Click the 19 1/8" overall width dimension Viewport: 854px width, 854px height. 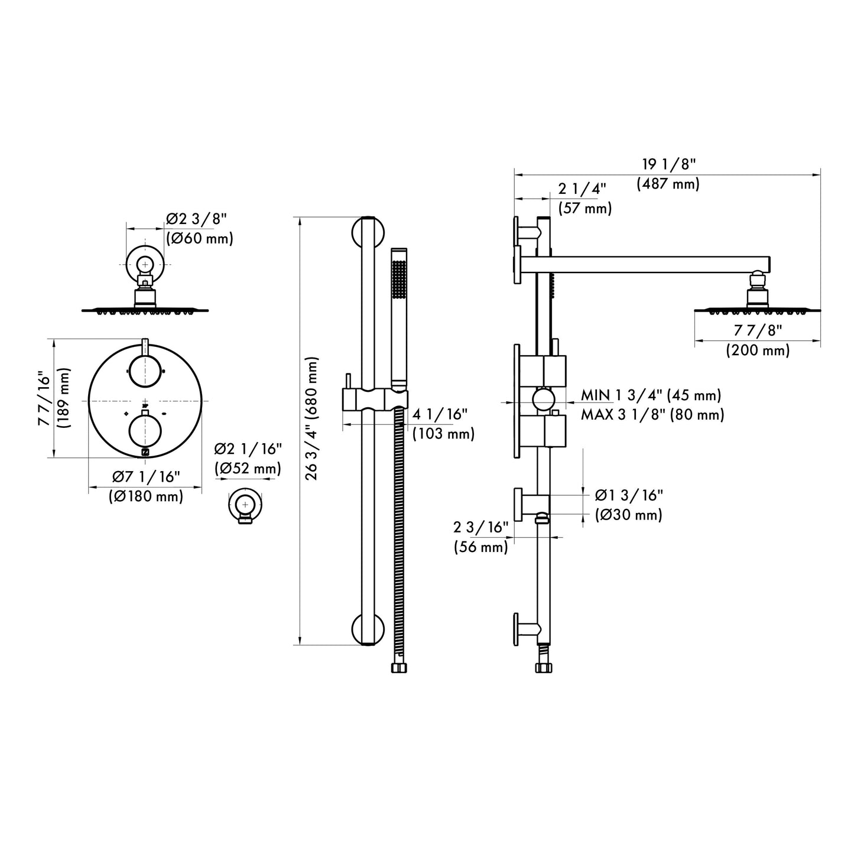(669, 165)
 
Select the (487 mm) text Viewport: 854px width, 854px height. (668, 184)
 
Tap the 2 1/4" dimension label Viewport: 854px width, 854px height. (582, 189)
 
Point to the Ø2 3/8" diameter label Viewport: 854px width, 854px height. (196, 219)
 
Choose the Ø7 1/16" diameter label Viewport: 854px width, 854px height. (146, 477)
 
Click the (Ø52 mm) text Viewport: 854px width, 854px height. (247, 469)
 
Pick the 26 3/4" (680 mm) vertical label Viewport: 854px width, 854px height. (313, 418)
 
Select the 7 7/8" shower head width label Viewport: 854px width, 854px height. (757, 331)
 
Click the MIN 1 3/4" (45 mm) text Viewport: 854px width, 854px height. (651, 395)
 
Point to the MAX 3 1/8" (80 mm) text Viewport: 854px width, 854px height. (652, 415)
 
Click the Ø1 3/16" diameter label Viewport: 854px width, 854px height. (629, 495)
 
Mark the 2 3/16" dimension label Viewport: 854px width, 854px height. (481, 527)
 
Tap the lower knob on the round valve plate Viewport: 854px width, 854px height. (145, 430)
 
